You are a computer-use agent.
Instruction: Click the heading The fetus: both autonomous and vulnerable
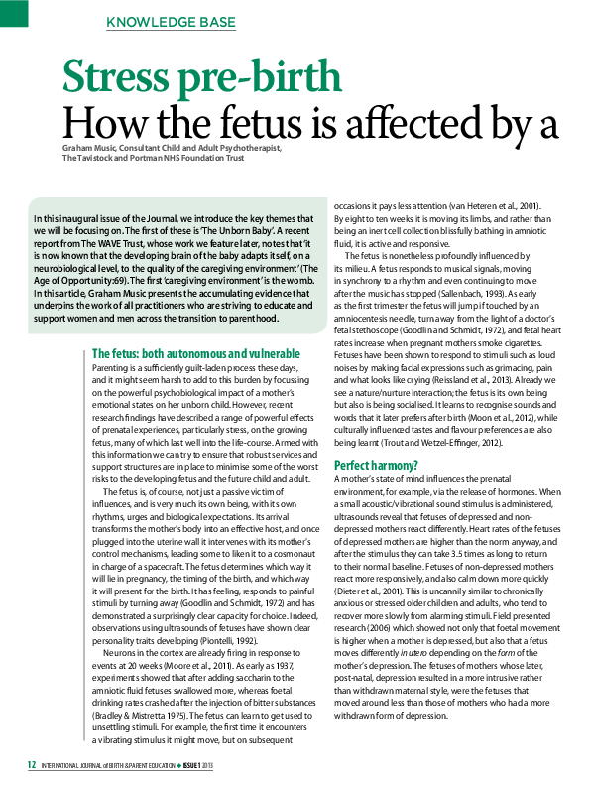click(195, 354)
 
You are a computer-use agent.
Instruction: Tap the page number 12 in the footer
click(32, 764)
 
